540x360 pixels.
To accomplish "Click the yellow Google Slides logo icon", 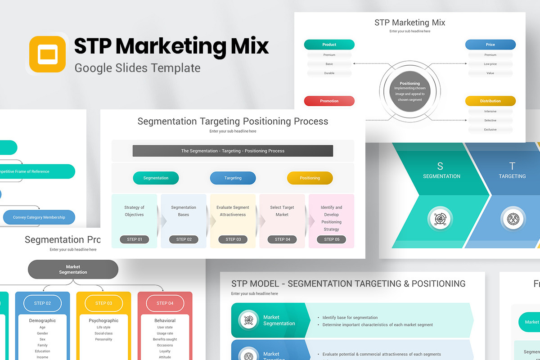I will (47, 54).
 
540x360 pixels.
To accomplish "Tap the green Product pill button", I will (329, 45).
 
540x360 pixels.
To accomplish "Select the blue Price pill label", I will (490, 45).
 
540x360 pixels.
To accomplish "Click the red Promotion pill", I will (329, 101).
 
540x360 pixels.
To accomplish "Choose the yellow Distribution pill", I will (490, 101).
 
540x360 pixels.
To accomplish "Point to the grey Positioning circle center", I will (409, 91).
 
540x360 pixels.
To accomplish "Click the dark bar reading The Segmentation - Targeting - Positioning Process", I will (233, 151).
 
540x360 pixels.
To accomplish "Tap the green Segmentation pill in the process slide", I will (156, 178).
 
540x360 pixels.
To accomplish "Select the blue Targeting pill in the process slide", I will (233, 178).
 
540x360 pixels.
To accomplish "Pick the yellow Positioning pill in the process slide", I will (310, 178).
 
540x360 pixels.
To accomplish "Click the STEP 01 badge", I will (134, 239).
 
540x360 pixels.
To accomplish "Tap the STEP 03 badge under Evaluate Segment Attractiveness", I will (233, 239).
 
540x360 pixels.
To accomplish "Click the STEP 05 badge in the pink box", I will (331, 239).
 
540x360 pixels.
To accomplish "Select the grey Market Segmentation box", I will (73, 269).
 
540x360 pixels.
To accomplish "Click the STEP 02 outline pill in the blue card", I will (42, 303).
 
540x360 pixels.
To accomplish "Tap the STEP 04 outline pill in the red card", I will (165, 303).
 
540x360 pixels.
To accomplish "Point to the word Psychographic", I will (103, 321).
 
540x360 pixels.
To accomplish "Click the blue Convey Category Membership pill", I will (39, 217).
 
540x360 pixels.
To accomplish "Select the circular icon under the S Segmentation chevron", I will (440, 219).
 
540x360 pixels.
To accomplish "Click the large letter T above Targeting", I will (512, 166).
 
